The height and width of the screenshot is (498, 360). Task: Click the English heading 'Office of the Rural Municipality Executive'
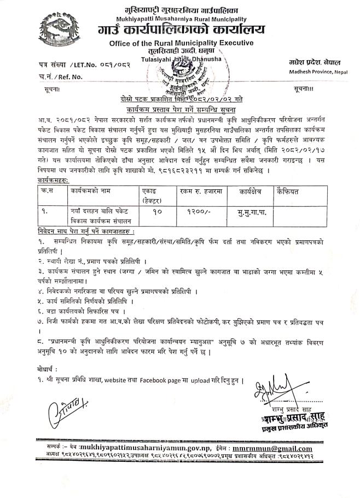click(x=181, y=43)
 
